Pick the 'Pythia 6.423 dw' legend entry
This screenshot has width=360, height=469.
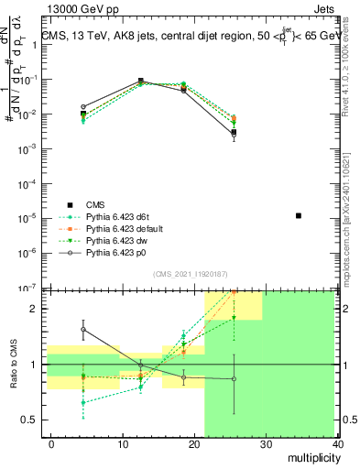click(x=104, y=241)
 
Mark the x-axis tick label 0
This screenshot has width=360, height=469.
click(x=51, y=444)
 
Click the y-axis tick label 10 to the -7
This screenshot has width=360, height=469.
click(x=27, y=287)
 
